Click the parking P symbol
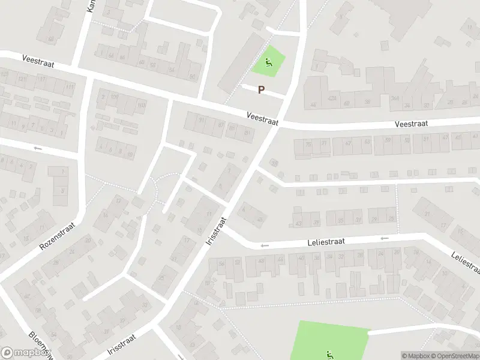(261, 90)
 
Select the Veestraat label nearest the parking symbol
(263, 118)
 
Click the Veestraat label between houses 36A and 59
(411, 123)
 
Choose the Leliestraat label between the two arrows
(323, 242)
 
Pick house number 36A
(395, 99)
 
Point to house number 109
(114, 97)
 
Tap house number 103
(142, 106)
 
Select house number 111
(70, 88)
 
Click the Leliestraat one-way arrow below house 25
(385, 238)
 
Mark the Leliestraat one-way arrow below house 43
(263, 245)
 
